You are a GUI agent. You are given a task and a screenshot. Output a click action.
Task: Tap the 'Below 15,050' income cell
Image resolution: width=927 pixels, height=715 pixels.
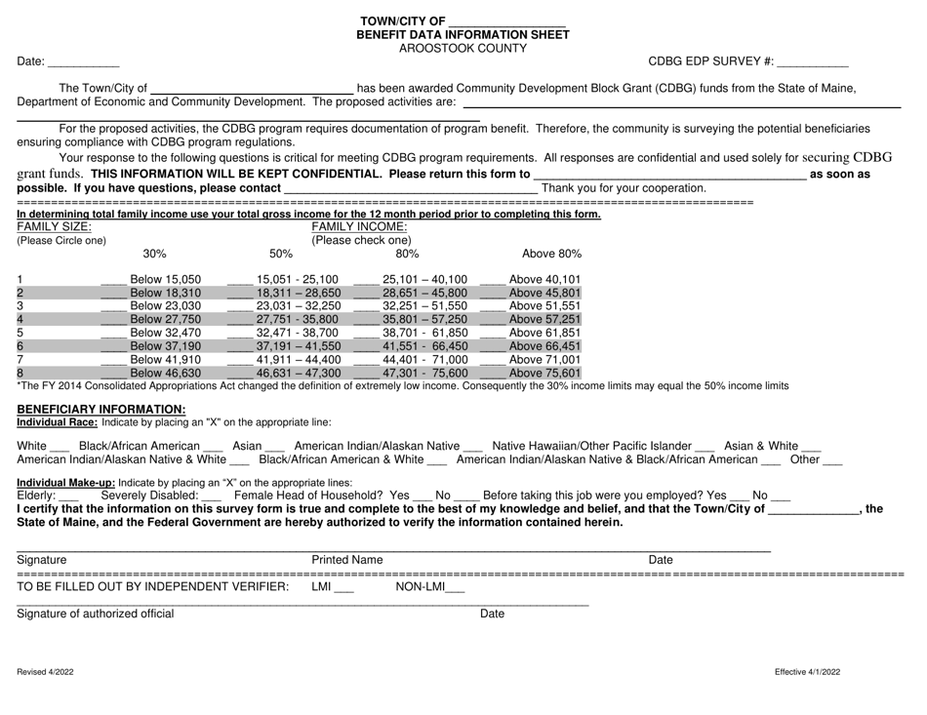click(165, 279)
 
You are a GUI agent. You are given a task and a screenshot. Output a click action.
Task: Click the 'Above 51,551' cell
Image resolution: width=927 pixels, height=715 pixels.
click(544, 305)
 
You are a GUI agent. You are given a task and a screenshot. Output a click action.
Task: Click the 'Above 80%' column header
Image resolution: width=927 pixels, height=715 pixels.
click(551, 254)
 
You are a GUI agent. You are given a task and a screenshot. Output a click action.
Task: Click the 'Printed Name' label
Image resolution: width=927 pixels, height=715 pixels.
click(346, 560)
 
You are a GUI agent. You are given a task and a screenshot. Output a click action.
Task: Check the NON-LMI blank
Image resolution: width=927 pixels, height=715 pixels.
click(455, 587)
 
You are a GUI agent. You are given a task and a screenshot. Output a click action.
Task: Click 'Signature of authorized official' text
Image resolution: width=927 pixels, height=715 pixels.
click(96, 614)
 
